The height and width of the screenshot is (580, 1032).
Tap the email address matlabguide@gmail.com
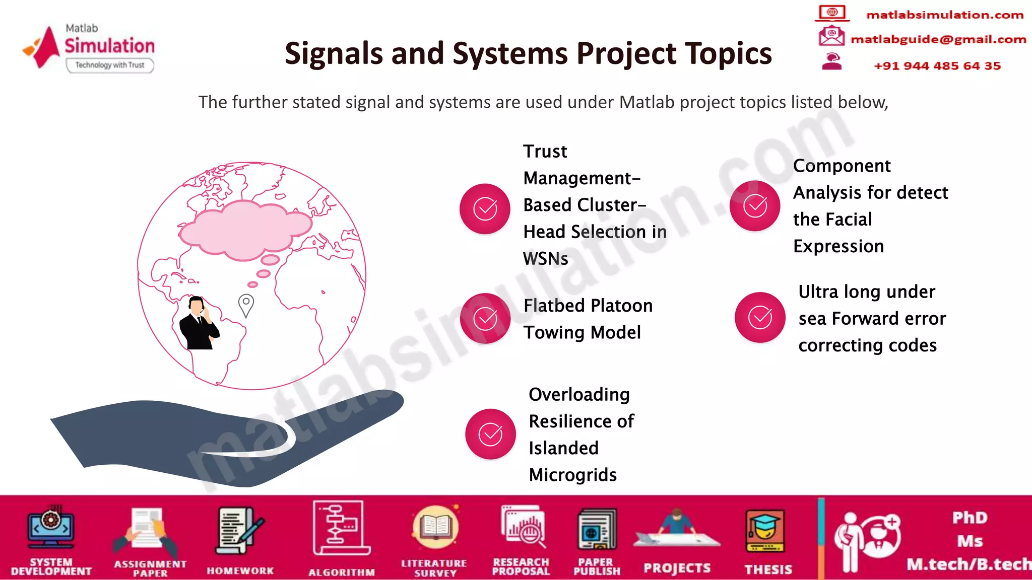[x=938, y=39]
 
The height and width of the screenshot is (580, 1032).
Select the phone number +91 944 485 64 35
[x=937, y=66]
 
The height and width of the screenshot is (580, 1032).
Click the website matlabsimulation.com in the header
[x=944, y=15]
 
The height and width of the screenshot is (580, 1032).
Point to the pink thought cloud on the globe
[x=245, y=228]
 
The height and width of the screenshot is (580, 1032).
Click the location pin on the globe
[x=246, y=305]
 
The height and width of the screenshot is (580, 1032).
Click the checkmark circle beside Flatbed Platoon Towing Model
[x=485, y=319]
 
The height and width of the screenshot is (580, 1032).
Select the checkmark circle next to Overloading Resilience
[x=490, y=434]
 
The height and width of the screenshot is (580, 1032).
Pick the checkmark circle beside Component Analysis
[x=755, y=206]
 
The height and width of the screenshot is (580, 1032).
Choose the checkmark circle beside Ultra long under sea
[x=760, y=317]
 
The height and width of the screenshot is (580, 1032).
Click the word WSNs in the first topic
[x=545, y=259]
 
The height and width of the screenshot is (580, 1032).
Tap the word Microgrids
[x=572, y=475]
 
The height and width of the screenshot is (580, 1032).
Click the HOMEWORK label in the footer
[x=240, y=571]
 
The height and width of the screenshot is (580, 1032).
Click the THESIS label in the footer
[x=768, y=569]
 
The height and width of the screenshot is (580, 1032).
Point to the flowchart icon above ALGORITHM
[x=342, y=528]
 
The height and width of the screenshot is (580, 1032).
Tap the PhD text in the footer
[x=970, y=518]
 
